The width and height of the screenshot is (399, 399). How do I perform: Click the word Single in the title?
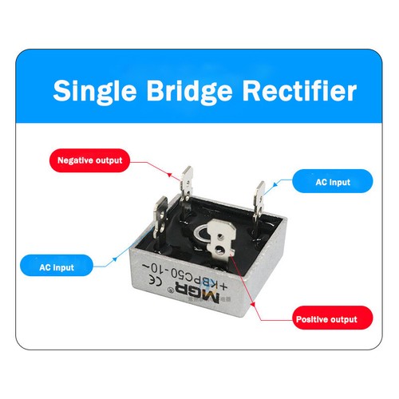point(95,92)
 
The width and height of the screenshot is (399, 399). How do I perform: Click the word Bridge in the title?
point(189,92)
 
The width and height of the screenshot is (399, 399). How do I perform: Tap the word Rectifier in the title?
point(299,90)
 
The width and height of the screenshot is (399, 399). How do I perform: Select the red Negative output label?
point(90,160)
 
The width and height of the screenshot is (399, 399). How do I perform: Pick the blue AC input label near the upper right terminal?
point(333,181)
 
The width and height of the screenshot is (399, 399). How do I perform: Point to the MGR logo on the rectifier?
point(197,294)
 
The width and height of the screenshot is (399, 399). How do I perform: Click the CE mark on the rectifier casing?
point(156,280)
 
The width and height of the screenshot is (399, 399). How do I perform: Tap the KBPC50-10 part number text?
point(185,277)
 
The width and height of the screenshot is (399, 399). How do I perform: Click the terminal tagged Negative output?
point(187,186)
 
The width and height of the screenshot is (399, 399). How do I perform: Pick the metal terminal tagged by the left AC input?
point(160,218)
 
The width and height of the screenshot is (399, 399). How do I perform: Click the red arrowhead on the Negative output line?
point(169,175)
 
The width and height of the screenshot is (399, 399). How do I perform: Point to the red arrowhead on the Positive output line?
point(253,304)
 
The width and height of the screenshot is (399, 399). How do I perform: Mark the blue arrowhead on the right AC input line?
point(275,184)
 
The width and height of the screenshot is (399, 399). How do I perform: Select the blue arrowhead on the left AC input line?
point(115,259)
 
